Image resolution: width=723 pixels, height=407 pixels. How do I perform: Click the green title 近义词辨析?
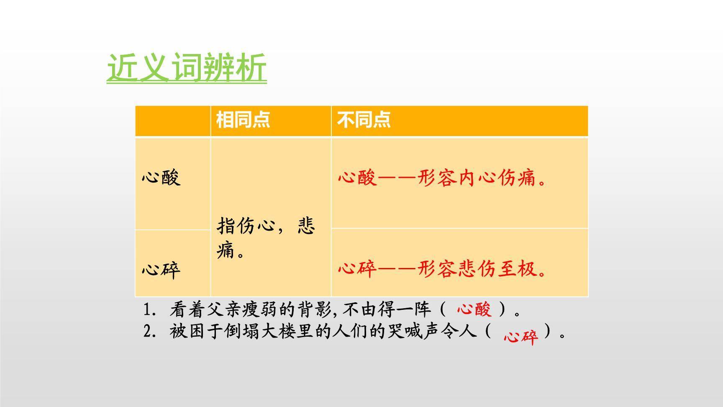(187, 67)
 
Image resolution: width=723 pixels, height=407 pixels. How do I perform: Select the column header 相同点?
(243, 120)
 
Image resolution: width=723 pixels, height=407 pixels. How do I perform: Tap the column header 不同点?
(364, 120)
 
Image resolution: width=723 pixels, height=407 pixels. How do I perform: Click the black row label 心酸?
(161, 178)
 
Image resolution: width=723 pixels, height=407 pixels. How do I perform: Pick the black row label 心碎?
(161, 270)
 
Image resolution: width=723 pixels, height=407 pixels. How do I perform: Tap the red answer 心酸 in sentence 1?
(474, 309)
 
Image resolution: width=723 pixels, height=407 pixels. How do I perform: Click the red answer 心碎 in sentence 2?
(520, 336)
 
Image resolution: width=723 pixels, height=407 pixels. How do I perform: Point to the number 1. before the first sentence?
(150, 310)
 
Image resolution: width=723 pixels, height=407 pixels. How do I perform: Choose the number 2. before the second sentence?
(150, 332)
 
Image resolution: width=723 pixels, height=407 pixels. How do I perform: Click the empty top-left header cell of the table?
(172, 121)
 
